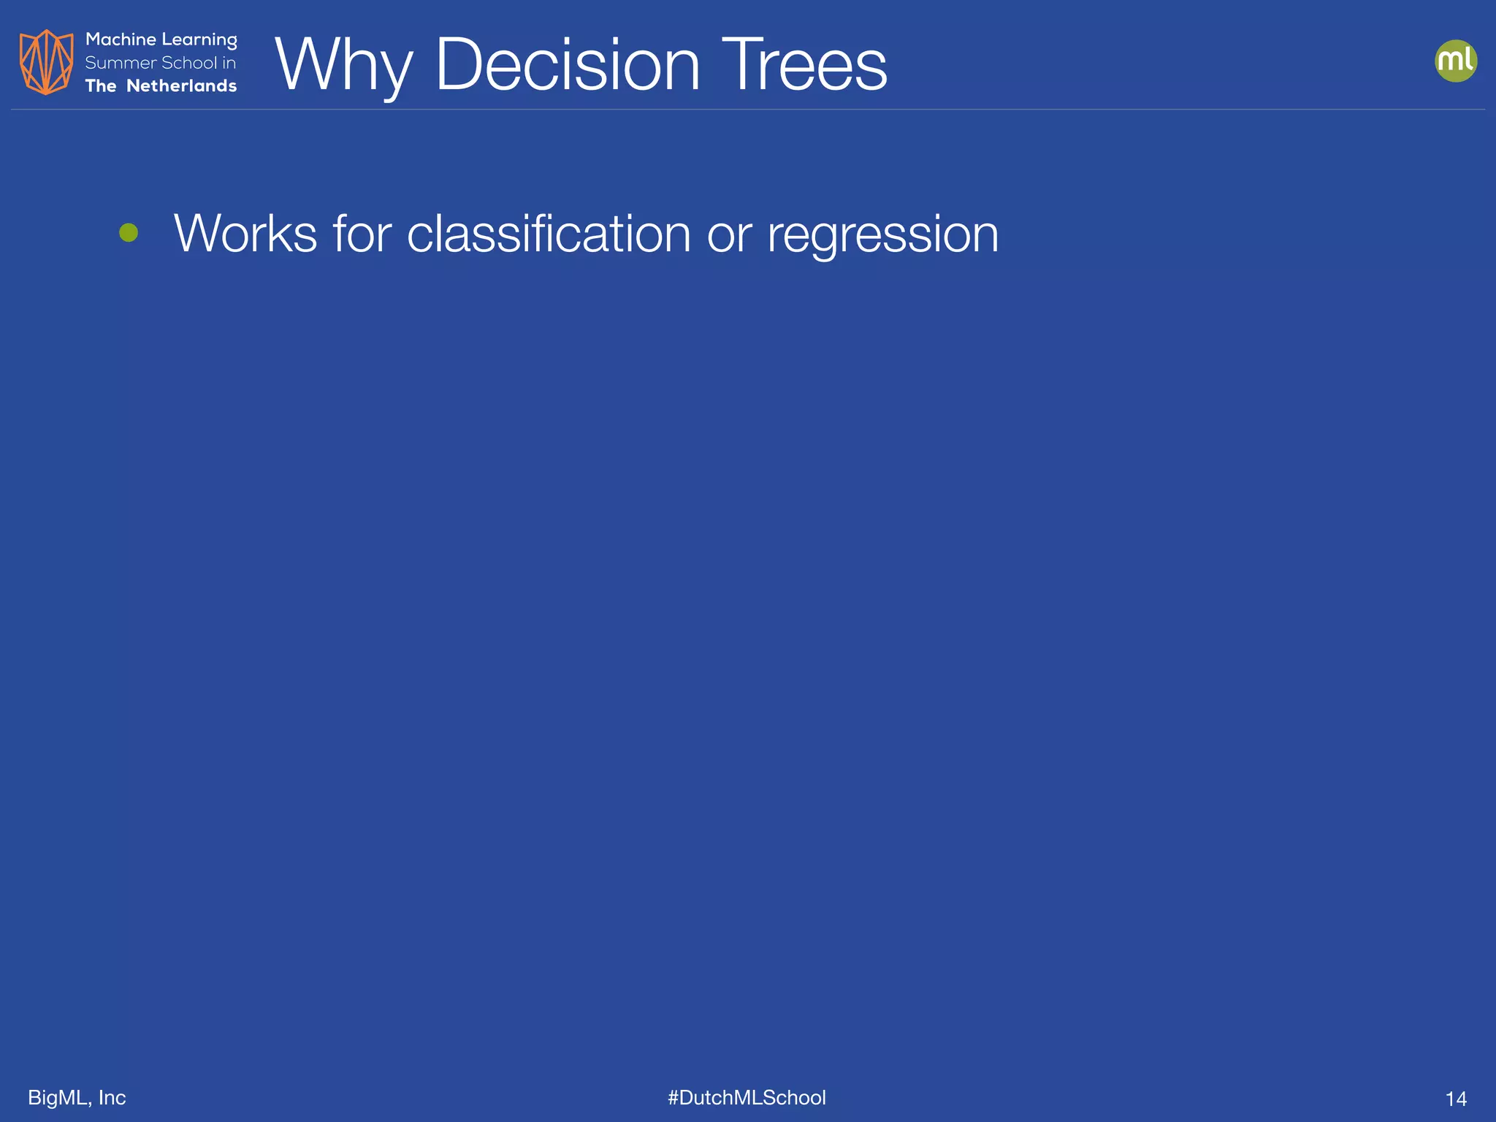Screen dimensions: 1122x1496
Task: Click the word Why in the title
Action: point(343,66)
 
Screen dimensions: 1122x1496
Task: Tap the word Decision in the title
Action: point(568,66)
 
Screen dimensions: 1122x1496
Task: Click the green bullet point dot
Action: point(129,233)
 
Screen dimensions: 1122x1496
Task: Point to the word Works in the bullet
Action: point(245,234)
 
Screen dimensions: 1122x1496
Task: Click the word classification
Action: point(549,234)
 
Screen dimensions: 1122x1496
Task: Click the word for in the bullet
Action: point(362,234)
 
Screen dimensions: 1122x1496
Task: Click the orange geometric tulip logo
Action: point(46,62)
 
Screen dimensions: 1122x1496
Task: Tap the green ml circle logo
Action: point(1456,61)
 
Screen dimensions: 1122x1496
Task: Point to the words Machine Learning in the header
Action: point(161,39)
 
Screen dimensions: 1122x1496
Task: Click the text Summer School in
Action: point(161,63)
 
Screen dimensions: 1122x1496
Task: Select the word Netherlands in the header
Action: point(182,86)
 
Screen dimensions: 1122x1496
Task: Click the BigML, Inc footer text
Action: point(77,1097)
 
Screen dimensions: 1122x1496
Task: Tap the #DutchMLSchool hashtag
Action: point(747,1097)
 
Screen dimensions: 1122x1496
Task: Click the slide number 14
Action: point(1456,1099)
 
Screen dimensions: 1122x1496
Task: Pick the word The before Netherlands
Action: point(101,86)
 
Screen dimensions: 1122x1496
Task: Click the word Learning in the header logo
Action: point(199,40)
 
